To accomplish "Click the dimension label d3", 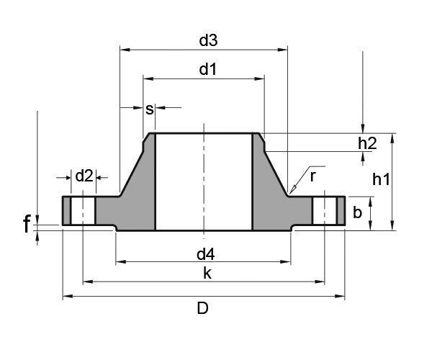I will point(208,41).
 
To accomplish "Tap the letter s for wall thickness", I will point(150,109).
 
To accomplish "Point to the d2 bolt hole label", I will point(84,175).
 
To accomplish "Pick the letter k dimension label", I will point(207,273).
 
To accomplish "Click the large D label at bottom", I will point(203,309).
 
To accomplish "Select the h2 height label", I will point(367,143).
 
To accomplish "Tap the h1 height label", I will point(381,181).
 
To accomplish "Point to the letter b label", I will point(357,212).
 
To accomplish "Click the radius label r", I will point(313,175).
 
